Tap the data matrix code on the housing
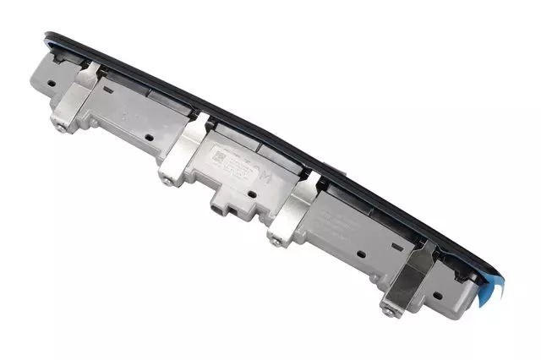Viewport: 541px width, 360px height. (x=217, y=157)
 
